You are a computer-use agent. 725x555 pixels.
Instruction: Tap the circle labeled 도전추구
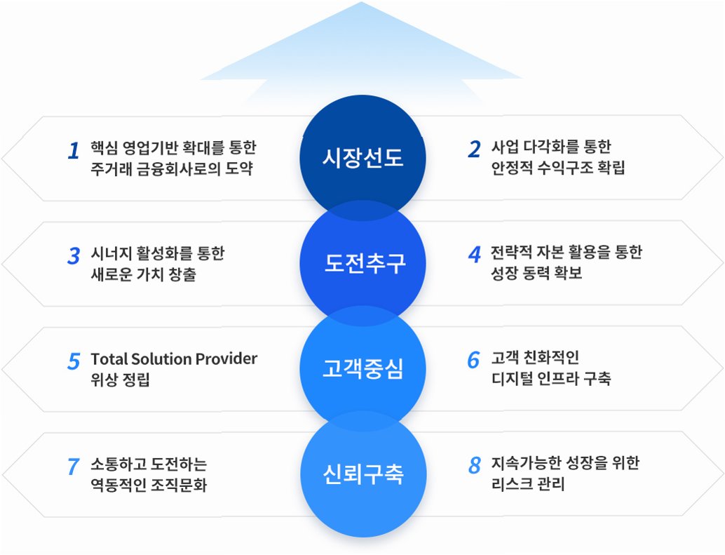362,264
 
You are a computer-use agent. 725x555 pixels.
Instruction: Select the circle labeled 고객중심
362,369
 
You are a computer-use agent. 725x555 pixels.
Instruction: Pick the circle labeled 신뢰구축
362,475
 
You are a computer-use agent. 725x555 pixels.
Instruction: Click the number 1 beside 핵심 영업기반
73,151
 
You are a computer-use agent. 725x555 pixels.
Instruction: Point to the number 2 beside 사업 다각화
475,149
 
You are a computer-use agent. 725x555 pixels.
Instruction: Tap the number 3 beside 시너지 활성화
74,256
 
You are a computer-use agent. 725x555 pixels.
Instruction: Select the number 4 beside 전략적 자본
475,253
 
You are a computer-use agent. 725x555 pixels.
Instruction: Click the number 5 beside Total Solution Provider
74,361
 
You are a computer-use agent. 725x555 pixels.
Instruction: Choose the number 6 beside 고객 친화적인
474,359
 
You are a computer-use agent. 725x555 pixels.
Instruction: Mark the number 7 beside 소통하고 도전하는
73,467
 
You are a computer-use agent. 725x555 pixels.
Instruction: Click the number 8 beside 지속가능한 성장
475,464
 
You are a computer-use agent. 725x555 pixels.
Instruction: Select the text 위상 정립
120,380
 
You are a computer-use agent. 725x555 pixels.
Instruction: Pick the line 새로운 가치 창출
143,274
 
